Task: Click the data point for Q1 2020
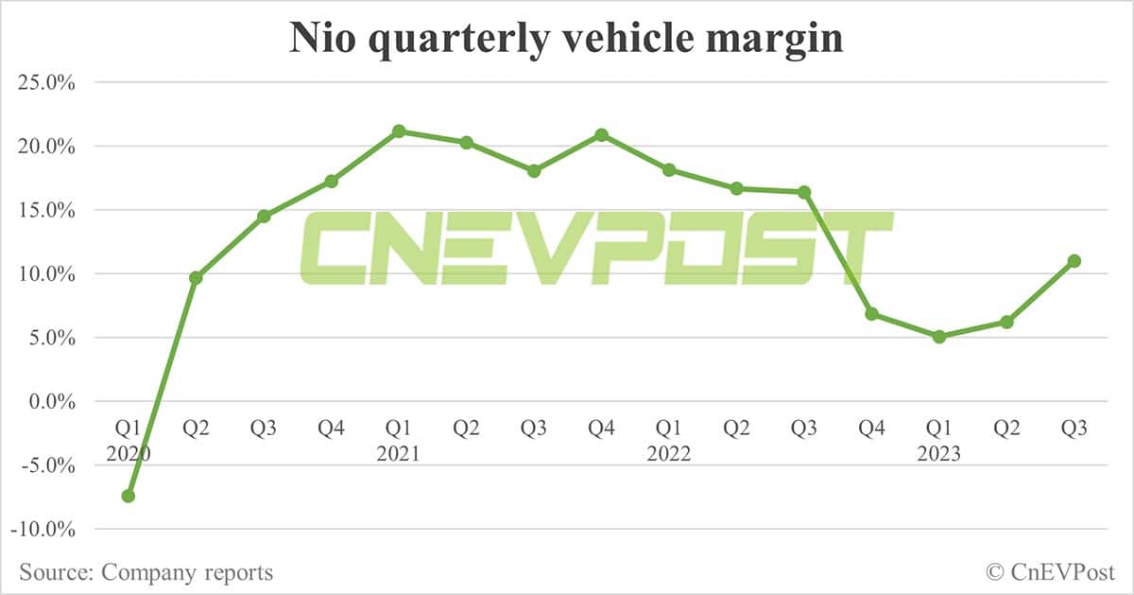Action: click(x=129, y=496)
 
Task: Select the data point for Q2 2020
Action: click(x=196, y=278)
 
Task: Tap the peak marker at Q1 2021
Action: click(x=399, y=131)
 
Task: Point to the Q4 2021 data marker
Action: click(x=601, y=135)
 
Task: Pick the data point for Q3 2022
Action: click(x=804, y=192)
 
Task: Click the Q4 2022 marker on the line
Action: click(x=872, y=314)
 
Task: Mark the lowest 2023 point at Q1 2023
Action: click(x=939, y=336)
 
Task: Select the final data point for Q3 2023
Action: click(x=1074, y=261)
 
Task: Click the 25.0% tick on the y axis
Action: click(x=47, y=82)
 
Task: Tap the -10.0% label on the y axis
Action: click(x=43, y=529)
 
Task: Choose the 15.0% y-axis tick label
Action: click(x=47, y=210)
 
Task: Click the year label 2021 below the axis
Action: click(x=399, y=454)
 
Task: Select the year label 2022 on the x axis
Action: click(x=669, y=454)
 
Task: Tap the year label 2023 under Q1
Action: click(x=939, y=454)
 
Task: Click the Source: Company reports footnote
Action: click(x=146, y=572)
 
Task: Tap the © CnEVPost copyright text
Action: click(x=1050, y=572)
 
